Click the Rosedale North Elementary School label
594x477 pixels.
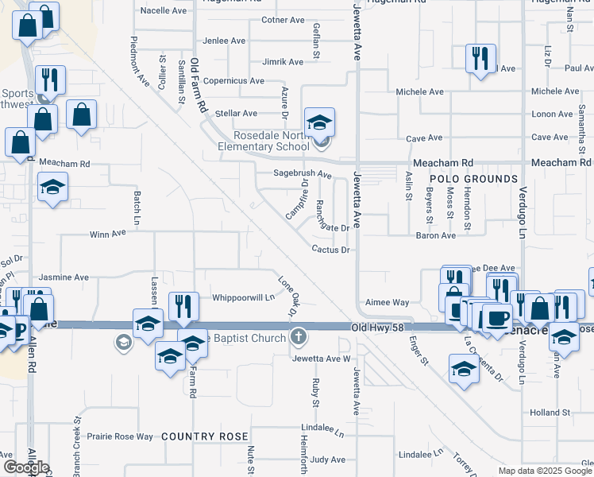point(264,141)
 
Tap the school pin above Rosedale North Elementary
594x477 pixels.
point(320,122)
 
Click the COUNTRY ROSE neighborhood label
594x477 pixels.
point(205,437)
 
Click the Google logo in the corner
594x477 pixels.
point(25,467)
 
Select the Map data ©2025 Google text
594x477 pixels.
point(546,471)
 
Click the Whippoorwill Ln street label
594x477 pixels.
point(243,298)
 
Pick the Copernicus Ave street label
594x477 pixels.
point(233,81)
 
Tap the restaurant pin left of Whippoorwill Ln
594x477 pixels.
point(183,306)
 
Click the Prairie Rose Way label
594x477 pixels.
point(120,436)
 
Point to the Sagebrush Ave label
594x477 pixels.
point(303,173)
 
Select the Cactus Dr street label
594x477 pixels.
point(330,250)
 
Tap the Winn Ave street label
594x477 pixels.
point(108,235)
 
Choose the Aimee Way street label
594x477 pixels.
point(387,303)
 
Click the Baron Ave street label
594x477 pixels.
point(436,235)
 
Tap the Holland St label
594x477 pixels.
point(546,413)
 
